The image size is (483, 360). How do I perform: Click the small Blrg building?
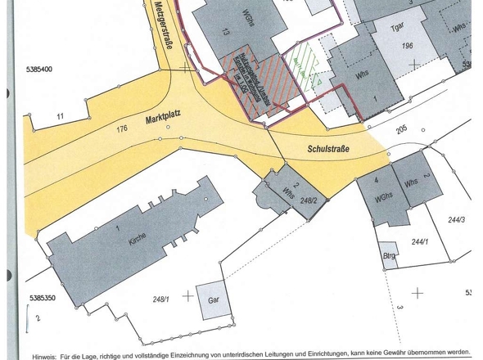click(x=388, y=255)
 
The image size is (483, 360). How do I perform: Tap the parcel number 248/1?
click(x=163, y=299)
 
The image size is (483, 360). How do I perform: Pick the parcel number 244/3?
click(x=456, y=218)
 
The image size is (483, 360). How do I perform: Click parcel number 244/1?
click(x=420, y=241)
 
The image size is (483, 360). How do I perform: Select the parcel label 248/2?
click(x=308, y=200)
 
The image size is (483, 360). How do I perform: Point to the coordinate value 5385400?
click(x=40, y=70)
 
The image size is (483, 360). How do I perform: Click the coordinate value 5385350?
click(x=40, y=299)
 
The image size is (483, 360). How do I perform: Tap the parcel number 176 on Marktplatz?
click(x=123, y=128)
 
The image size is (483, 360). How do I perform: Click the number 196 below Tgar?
click(x=408, y=46)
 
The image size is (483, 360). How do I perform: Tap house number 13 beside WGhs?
click(x=224, y=32)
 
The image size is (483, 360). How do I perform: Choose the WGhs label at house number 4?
click(x=384, y=199)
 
